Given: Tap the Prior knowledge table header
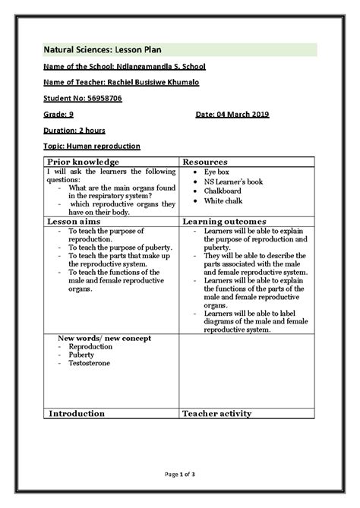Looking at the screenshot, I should tap(84, 162).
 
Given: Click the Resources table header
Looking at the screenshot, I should tap(206, 162).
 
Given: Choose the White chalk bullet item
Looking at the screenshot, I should tap(221, 201).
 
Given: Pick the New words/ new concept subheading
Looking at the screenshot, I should tap(104, 337).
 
